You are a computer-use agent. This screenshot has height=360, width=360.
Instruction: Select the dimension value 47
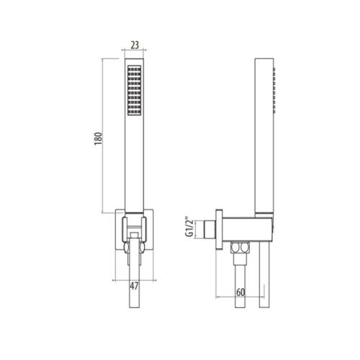(134, 287)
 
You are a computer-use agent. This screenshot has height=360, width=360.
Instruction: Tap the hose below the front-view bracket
(134, 288)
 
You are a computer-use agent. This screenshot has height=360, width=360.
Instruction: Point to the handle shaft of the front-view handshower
(134, 166)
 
